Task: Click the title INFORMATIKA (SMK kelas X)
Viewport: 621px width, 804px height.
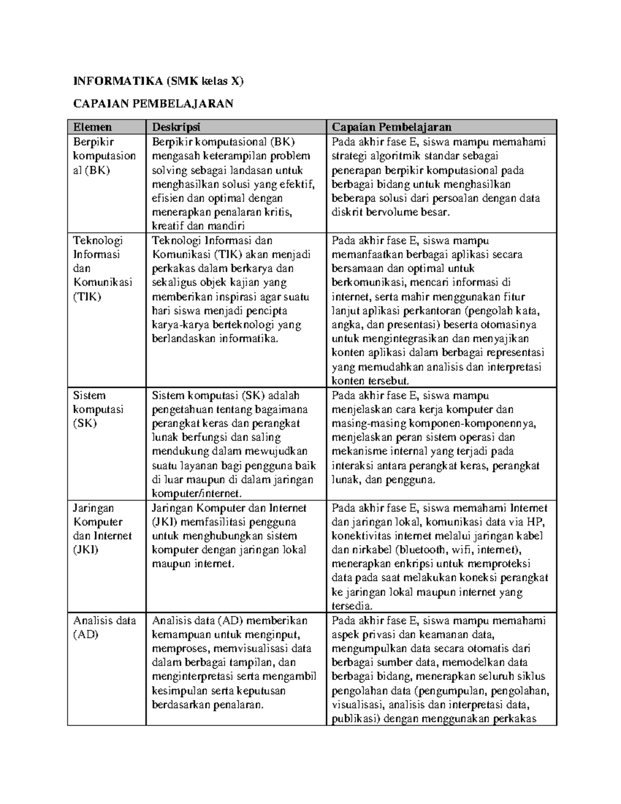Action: tap(158, 81)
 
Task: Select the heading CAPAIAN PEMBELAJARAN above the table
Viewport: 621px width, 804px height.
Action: tap(153, 104)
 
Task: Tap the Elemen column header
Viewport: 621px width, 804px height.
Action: tap(93, 127)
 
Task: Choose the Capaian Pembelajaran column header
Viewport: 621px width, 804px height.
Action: tap(392, 127)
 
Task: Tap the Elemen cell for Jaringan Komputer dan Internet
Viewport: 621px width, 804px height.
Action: tap(102, 529)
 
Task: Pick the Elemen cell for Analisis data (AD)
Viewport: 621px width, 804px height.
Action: tap(104, 627)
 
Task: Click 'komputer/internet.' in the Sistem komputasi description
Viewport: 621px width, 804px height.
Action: tap(197, 493)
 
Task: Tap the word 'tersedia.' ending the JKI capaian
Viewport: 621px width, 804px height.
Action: tap(352, 606)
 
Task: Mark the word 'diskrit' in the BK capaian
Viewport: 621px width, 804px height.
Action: tap(347, 212)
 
